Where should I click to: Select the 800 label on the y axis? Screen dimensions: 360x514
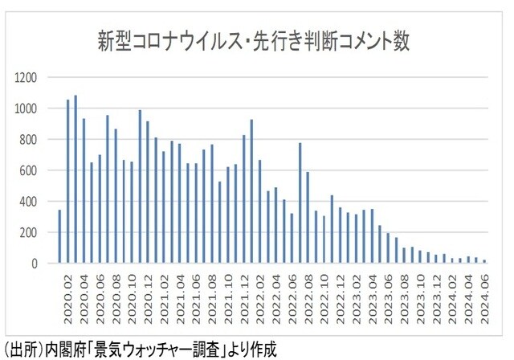pyautogui.click(x=30, y=140)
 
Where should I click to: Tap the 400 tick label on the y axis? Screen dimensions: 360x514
pyautogui.click(x=30, y=202)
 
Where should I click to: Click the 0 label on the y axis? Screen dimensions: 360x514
pyautogui.click(x=35, y=264)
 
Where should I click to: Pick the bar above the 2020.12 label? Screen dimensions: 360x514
pyautogui.click(x=149, y=193)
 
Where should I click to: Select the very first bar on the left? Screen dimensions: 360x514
pyautogui.click(x=59, y=236)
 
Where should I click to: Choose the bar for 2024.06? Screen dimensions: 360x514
pyautogui.click(x=484, y=261)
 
